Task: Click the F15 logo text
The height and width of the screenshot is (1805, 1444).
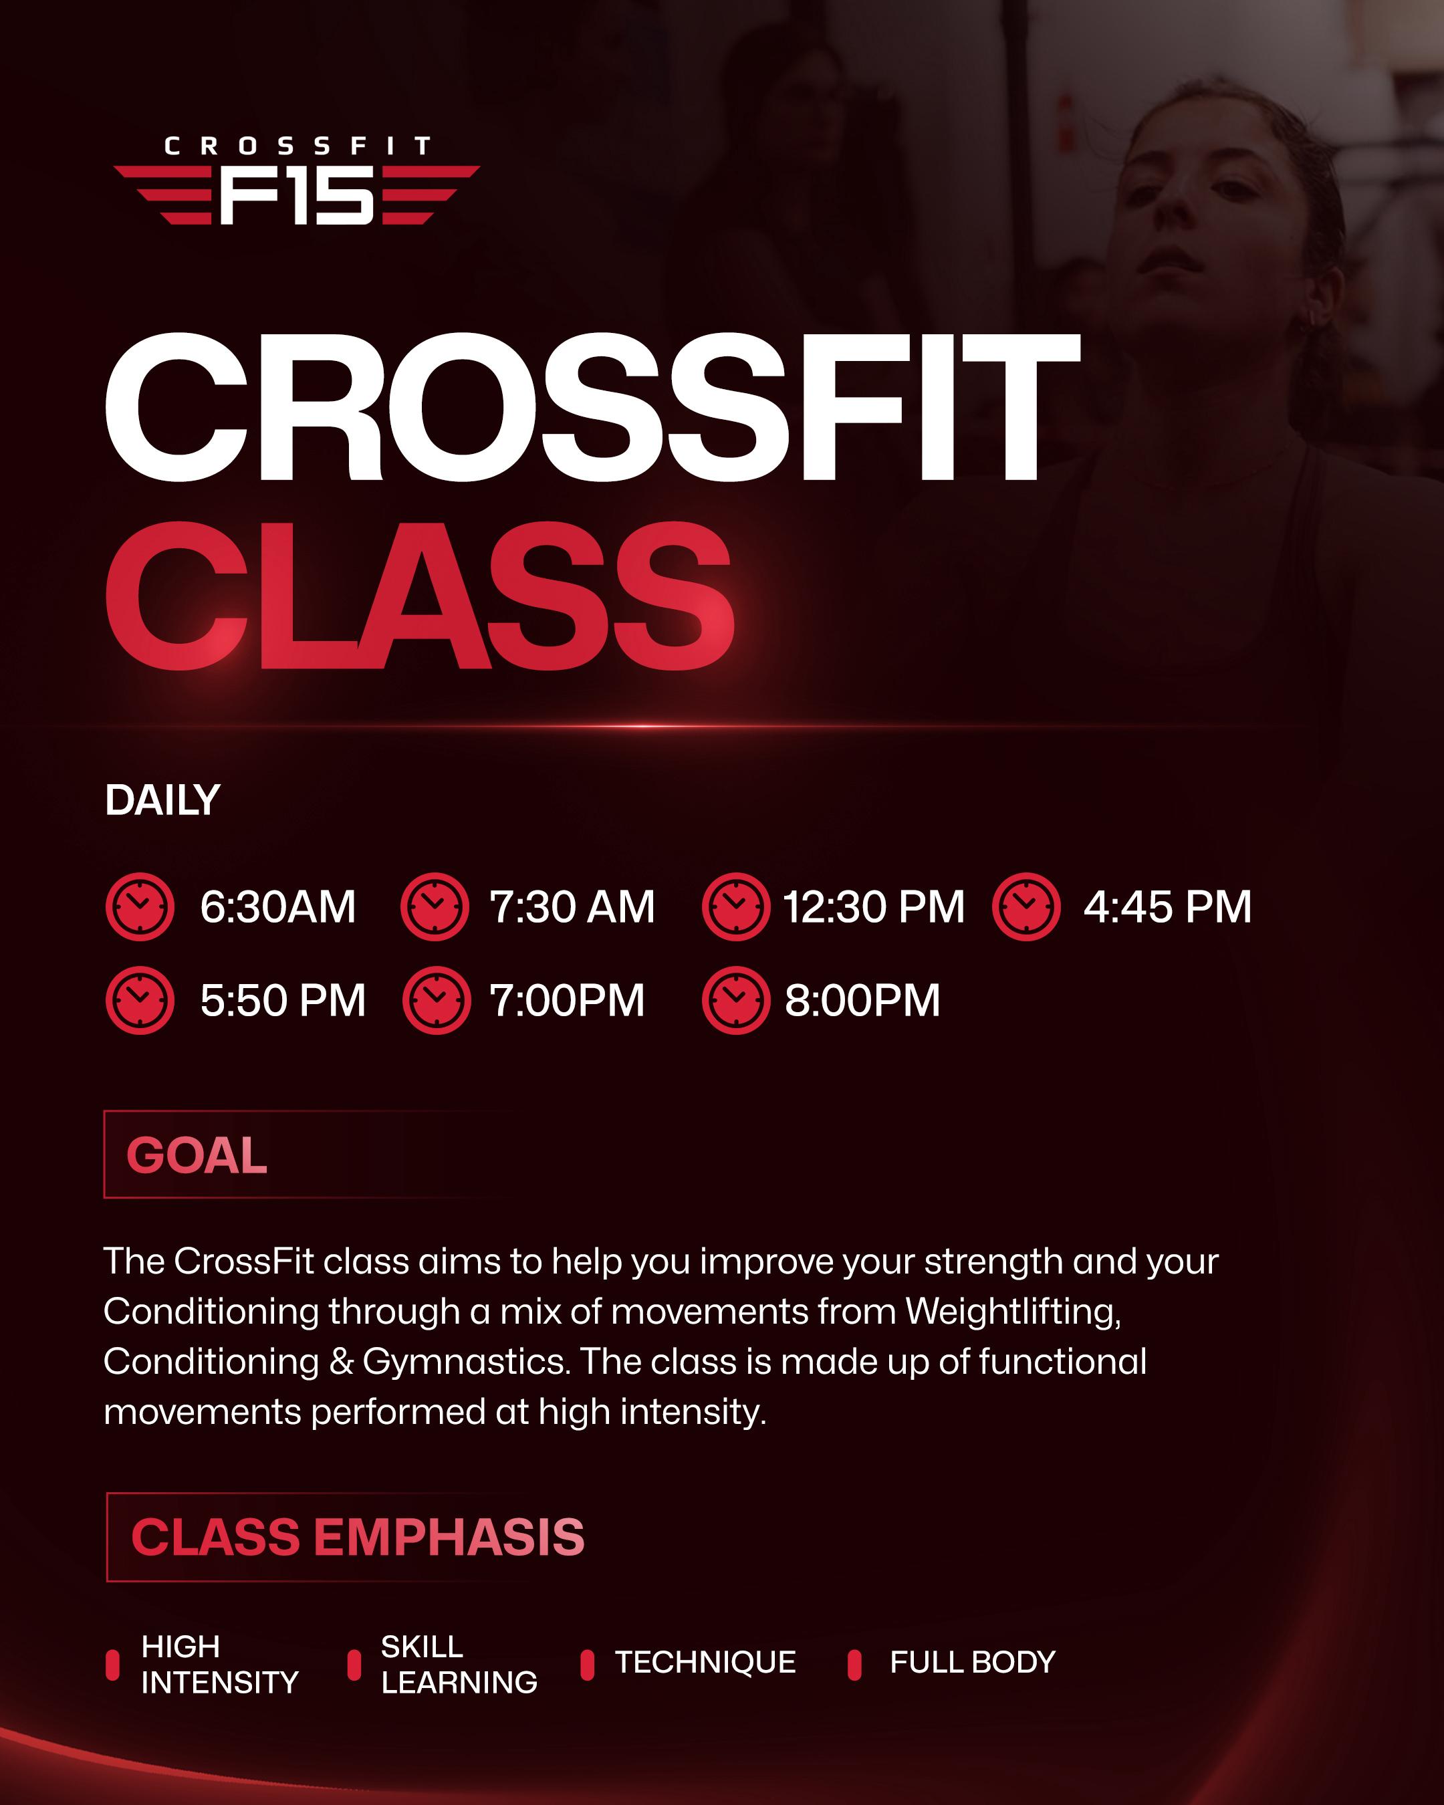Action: pos(296,195)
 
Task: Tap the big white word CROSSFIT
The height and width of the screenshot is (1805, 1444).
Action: pos(591,408)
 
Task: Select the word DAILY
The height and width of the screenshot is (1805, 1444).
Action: pos(162,800)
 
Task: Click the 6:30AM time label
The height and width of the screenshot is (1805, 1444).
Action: pos(277,907)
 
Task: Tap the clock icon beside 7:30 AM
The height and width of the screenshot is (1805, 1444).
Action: pos(435,907)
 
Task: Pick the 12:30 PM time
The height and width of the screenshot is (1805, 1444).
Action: pos(873,907)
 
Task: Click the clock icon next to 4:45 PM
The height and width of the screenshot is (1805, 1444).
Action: pos(1026,907)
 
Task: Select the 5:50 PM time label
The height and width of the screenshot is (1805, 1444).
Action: pos(283,1001)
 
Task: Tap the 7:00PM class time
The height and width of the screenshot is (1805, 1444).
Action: pos(567,1001)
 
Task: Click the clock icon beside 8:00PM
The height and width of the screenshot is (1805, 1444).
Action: pos(735,1001)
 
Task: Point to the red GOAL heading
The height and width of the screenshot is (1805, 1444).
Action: pos(197,1155)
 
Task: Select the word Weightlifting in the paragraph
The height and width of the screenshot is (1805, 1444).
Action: pos(1012,1312)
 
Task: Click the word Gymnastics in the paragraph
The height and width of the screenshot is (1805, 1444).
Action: pos(465,1362)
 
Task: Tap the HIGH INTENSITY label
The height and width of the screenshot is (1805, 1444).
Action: pos(219,1665)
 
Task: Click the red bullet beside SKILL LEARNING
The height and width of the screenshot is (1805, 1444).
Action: pos(354,1665)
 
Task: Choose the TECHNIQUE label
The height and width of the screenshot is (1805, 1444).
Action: pos(705,1663)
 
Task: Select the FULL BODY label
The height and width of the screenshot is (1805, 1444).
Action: pos(972,1663)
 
